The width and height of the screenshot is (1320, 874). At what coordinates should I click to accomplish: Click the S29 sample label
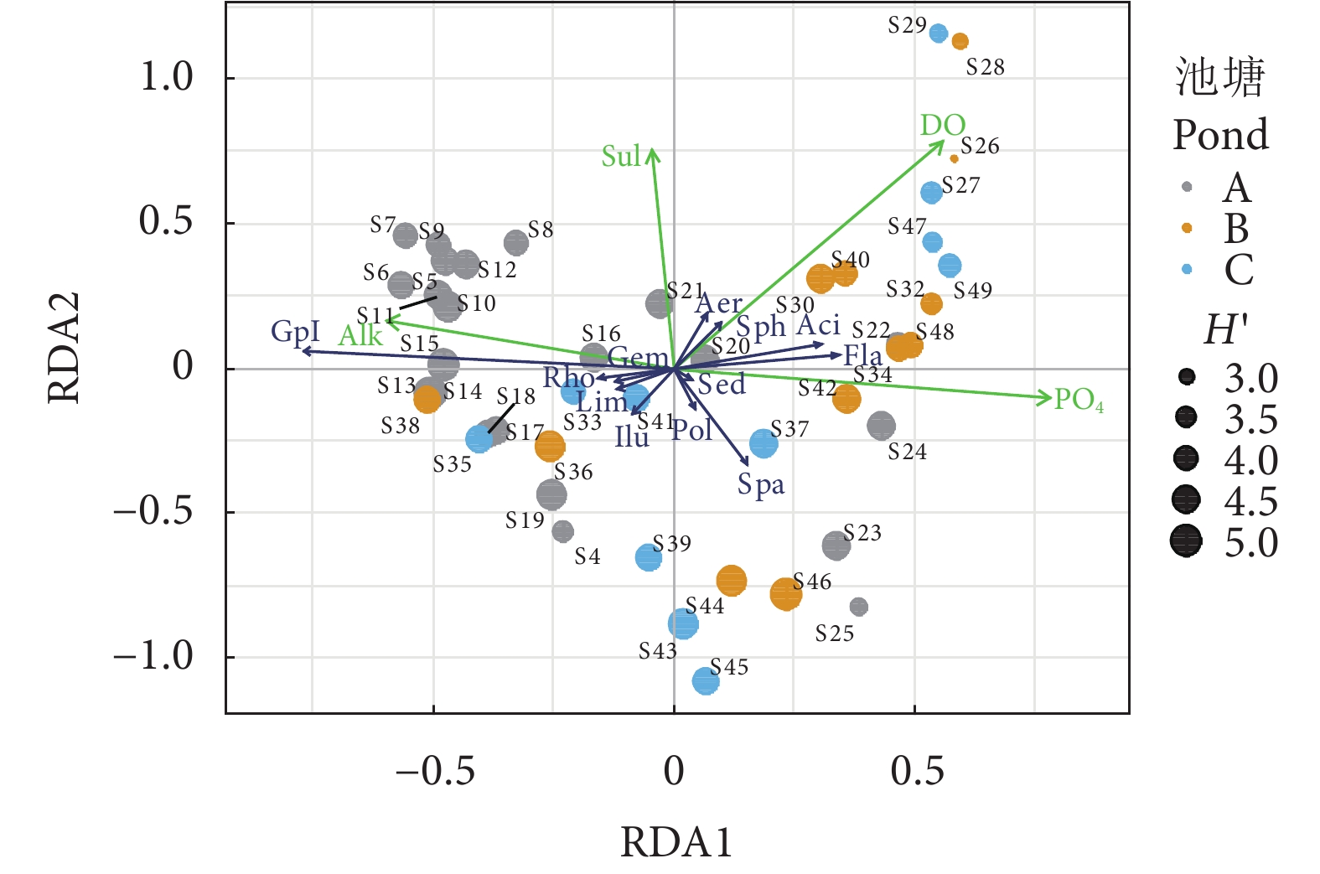coord(907,26)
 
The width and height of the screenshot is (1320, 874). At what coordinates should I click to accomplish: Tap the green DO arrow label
coord(943,126)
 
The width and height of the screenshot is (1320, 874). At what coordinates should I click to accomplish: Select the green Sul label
coord(621,157)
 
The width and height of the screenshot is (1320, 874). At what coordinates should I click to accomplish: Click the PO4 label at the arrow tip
coord(1079,400)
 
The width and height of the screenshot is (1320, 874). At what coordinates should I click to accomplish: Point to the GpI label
coord(295,332)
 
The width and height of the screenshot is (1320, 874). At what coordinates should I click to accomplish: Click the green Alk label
coord(360,336)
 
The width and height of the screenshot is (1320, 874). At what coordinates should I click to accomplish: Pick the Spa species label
coord(761,485)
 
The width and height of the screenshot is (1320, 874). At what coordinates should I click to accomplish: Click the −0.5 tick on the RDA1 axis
coord(434,770)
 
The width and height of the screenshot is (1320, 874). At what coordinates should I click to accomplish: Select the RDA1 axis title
coord(676,842)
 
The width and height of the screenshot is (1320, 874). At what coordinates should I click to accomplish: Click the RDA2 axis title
coord(64,348)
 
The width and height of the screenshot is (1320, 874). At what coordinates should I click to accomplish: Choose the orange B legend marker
coord(1187,228)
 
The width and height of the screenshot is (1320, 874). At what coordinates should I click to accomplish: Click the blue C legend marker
coord(1187,269)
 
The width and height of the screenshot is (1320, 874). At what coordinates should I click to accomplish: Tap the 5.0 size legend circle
coord(1186,541)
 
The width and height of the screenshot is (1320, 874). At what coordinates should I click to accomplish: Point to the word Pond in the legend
coord(1220,135)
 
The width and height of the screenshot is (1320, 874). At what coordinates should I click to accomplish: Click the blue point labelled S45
coord(706,680)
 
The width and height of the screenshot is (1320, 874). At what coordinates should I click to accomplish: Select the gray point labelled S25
coord(858,607)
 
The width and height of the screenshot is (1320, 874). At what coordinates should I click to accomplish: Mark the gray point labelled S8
coord(516,243)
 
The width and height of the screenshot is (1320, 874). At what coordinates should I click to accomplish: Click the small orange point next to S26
coord(954,158)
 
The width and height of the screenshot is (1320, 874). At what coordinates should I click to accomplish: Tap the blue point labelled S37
coord(764,443)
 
